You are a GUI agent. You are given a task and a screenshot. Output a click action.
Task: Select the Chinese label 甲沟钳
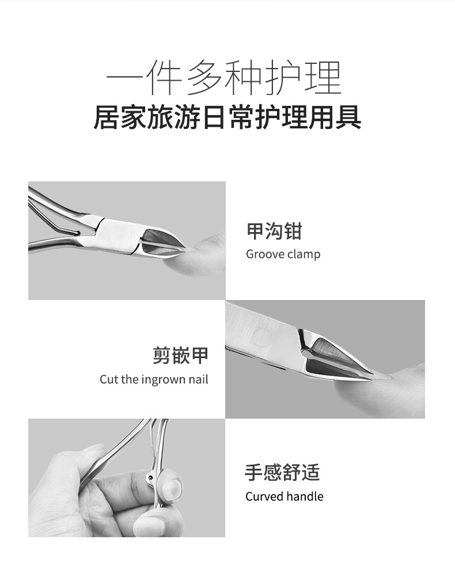point(274,231)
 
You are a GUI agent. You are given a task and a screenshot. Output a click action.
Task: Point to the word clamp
point(305,255)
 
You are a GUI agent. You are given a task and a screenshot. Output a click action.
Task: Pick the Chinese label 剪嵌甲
point(180,355)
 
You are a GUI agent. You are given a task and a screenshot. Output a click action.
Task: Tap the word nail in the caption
point(199,379)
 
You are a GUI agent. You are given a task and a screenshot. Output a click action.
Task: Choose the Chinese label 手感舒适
point(282,472)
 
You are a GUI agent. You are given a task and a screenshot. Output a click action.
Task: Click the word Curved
point(264,496)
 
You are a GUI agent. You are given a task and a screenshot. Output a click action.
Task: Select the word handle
point(305,496)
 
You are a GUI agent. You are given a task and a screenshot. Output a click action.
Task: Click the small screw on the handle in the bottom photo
point(150,477)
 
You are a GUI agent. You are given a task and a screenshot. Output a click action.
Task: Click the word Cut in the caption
point(109,379)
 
